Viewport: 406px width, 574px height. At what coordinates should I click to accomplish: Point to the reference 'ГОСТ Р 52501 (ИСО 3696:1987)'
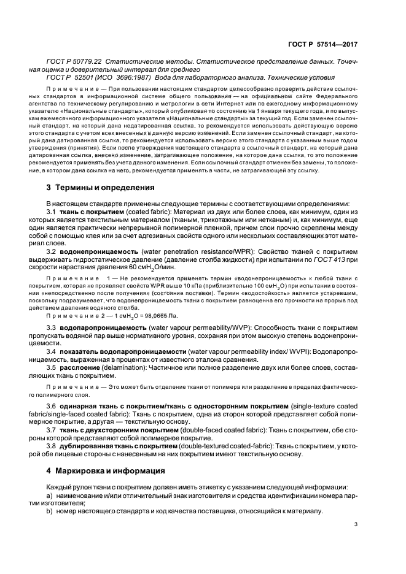pos(106,77)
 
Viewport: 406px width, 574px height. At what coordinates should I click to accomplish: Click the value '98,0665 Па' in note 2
pos(140,316)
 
